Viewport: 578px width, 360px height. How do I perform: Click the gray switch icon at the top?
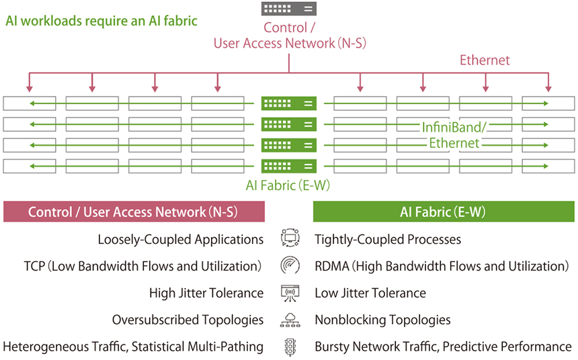[x=289, y=9]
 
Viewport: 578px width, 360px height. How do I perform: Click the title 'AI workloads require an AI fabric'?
[x=101, y=21]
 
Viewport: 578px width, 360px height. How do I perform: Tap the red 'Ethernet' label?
[x=485, y=60]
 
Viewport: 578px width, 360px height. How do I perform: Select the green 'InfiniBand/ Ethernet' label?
[x=454, y=135]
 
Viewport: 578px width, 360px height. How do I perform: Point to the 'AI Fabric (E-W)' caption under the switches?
[x=289, y=185]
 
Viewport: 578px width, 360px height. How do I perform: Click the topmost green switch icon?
[x=289, y=103]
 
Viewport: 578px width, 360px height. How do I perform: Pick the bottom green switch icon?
[x=289, y=165]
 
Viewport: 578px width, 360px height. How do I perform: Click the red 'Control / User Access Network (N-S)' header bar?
[x=134, y=212]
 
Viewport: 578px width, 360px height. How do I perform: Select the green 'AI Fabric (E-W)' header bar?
[x=444, y=212]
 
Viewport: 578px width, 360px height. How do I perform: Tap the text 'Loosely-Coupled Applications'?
[x=180, y=240]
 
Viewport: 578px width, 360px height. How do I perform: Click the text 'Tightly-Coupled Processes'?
[x=388, y=240]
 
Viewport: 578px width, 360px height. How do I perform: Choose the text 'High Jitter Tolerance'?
[x=206, y=294]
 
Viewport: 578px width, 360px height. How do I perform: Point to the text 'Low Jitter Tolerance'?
[x=370, y=294]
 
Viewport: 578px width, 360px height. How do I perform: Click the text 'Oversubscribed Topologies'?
[x=188, y=320]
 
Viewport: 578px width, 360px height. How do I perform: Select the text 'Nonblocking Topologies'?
[x=382, y=320]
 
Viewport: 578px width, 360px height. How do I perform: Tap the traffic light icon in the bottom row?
[x=290, y=347]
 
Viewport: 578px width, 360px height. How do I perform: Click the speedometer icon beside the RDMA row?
[x=290, y=266]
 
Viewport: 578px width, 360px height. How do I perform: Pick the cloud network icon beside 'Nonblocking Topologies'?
[x=290, y=320]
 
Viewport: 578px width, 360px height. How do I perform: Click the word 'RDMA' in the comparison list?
[x=330, y=267]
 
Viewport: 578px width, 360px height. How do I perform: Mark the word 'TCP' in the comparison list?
[x=34, y=267]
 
